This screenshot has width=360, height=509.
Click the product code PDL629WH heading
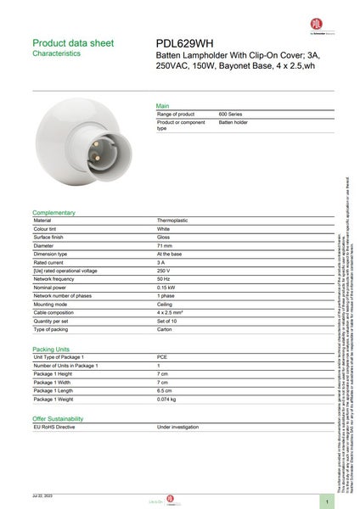185,43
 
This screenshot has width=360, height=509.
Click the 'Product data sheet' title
72,42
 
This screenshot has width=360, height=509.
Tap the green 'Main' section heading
162,105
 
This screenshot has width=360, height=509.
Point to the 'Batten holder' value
233,122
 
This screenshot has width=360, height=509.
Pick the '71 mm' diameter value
165,245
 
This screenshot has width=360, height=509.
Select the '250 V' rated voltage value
165,271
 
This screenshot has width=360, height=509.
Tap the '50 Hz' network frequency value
165,278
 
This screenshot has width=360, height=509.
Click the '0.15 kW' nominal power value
167,287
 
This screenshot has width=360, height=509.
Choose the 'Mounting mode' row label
50,304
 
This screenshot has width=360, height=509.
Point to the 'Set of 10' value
167,321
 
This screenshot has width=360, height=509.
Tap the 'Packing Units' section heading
51,349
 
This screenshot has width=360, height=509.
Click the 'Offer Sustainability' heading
58,419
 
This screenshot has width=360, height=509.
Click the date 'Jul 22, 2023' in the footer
43,495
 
